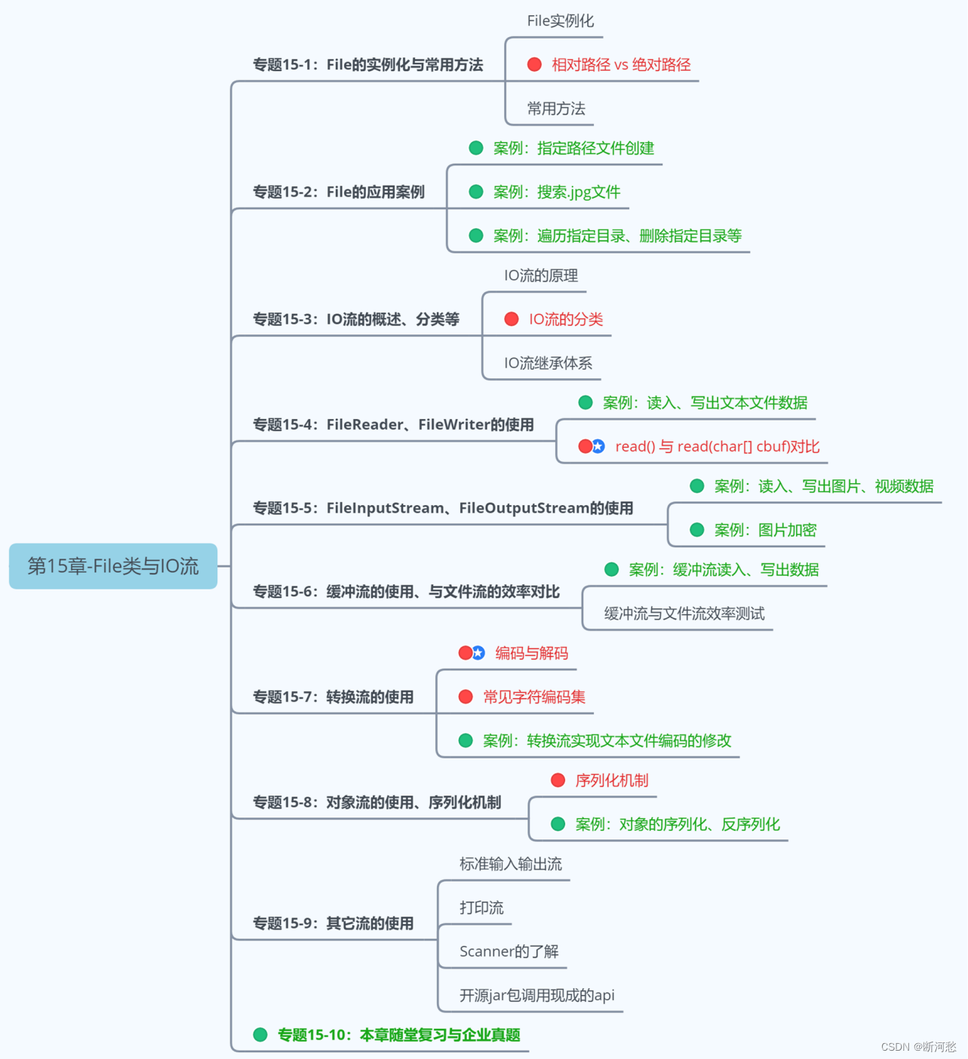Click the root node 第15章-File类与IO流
pos(113,566)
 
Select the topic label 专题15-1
pos(367,65)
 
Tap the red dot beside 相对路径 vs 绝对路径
pos(534,65)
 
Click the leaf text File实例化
pos(560,21)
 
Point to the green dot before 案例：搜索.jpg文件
pos(476,192)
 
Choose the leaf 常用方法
pos(556,109)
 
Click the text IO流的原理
pos(541,276)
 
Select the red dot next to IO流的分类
pos(512,319)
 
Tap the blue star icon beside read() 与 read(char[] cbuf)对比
pos(598,446)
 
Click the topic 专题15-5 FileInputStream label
pos(443,508)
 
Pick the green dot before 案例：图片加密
pos(697,530)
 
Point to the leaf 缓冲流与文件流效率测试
pos(684,614)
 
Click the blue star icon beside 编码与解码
pos(478,653)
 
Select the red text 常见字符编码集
pos(534,697)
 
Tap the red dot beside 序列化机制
pos(558,780)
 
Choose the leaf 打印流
pos(481,907)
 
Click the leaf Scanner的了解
pos(509,951)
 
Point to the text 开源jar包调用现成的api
pos(537,995)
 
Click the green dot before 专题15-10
pos(260,1035)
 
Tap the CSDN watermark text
pos(918,1047)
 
